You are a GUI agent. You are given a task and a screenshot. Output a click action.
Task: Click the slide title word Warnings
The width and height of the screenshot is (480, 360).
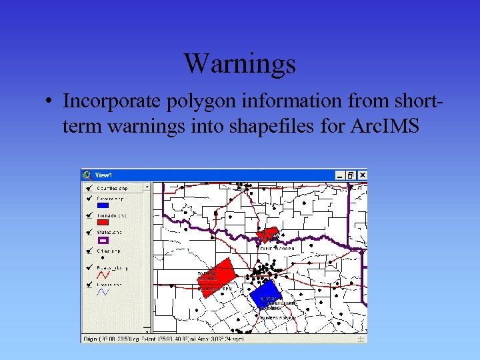coord(239,64)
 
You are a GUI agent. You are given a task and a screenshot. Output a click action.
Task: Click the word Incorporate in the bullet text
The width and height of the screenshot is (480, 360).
coord(107,101)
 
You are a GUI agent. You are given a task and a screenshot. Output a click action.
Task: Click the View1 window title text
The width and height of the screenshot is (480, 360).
coord(103,175)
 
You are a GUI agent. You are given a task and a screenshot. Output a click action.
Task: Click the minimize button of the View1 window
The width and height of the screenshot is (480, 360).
coord(341,175)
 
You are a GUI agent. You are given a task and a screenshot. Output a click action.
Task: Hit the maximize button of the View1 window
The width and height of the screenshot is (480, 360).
coord(351,175)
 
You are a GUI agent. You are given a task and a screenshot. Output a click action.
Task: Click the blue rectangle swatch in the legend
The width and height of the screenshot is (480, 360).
coord(103,206)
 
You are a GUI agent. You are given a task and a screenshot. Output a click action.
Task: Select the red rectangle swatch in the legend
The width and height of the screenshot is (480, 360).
coord(103,223)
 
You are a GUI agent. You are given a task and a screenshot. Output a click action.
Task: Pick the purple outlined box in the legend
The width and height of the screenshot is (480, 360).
coord(103,240)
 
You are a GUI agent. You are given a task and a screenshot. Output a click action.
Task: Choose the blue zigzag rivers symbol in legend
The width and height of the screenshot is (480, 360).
coord(103,292)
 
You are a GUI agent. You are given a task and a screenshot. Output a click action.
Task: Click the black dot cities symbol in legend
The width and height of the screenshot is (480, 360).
coord(101,257)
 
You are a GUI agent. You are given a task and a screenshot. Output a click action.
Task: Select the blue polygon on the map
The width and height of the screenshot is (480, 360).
coord(266,295)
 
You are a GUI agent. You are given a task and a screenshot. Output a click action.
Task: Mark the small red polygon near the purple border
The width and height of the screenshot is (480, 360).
coord(268,234)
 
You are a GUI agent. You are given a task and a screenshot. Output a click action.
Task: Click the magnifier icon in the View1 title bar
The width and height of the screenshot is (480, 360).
coord(87,175)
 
